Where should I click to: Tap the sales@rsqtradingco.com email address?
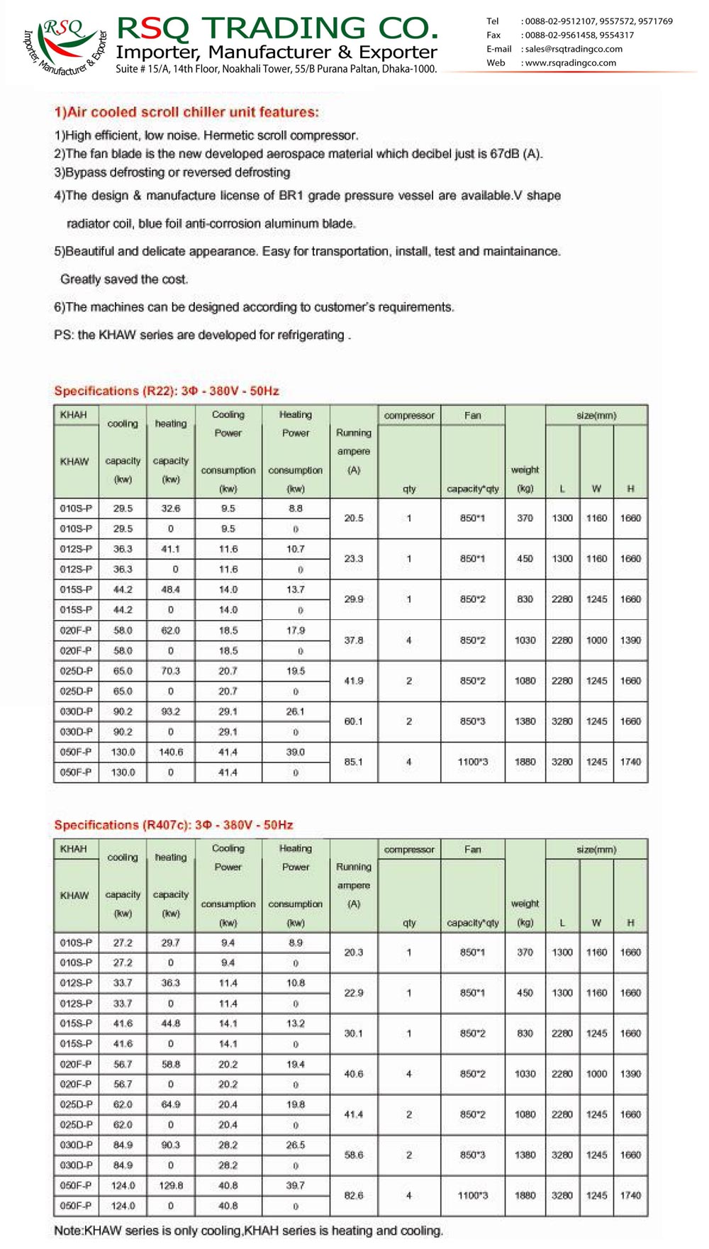click(574, 49)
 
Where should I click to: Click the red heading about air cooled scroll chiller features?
click(186, 112)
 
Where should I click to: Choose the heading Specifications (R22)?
click(167, 391)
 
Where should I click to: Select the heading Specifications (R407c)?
click(174, 825)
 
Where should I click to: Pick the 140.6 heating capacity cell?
click(171, 752)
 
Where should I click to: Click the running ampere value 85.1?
click(353, 762)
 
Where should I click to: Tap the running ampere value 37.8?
click(353, 640)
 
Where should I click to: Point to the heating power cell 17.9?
click(296, 630)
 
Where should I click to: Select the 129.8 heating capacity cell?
click(171, 1185)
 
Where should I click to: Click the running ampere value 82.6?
click(353, 1196)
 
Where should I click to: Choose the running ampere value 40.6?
click(353, 1074)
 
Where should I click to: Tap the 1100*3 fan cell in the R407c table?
click(473, 1196)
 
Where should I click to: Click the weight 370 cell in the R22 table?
click(525, 518)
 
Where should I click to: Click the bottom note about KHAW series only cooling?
click(248, 1231)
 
